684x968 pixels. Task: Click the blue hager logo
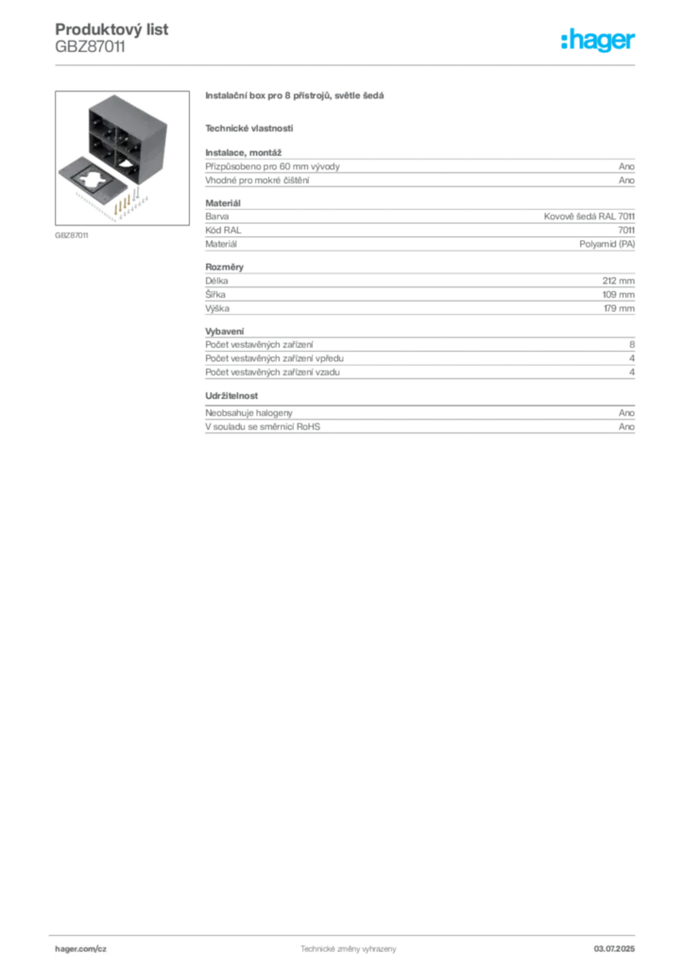599,41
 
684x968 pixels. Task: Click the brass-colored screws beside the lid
122,201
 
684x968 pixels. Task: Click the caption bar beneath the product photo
71,234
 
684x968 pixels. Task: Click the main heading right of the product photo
294,97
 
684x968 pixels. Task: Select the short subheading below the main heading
249,128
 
